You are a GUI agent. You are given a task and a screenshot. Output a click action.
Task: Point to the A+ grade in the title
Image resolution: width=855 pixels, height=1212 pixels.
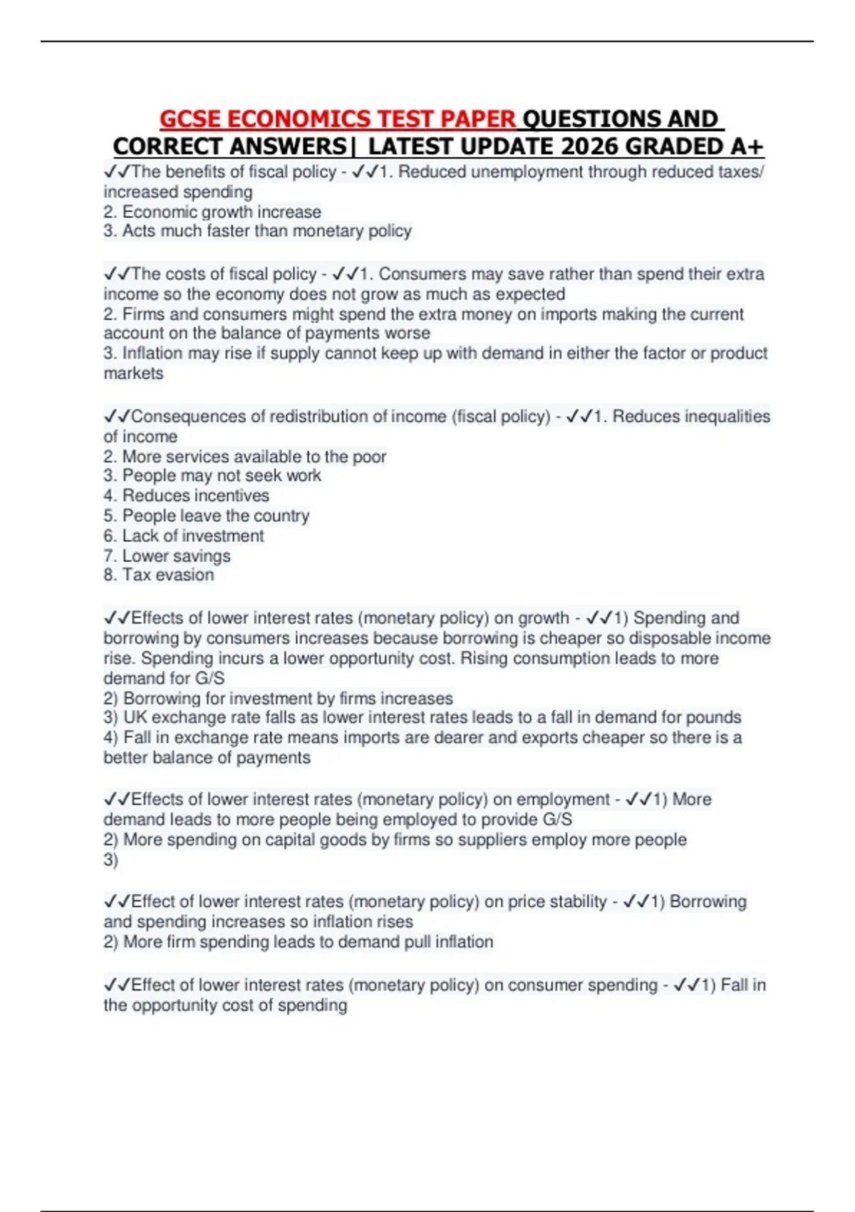[747, 147]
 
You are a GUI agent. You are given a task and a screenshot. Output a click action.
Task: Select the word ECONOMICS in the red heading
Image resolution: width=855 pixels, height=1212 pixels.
[299, 119]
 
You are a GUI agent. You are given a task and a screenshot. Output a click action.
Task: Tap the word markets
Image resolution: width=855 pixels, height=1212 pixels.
[133, 374]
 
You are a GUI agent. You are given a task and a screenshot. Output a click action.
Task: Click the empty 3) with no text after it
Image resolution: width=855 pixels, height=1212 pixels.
[110, 860]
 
